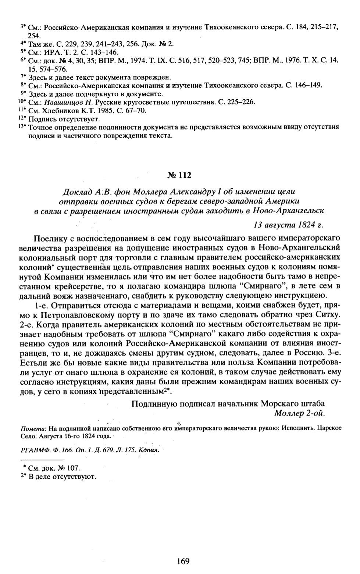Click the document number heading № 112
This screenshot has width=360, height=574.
point(179,175)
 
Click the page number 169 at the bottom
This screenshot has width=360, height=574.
point(183,561)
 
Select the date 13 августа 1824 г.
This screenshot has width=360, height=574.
point(289,224)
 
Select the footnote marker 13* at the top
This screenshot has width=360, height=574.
point(22,127)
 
